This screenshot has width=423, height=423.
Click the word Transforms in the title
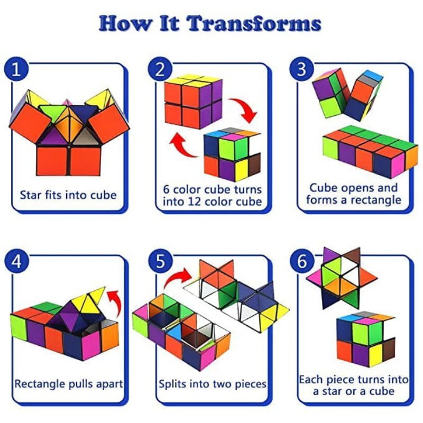[x=254, y=23]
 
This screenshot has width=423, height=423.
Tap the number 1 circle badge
[x=16, y=69]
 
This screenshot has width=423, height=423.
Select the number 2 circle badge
[x=160, y=69]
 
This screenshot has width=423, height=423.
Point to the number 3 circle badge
[x=301, y=69]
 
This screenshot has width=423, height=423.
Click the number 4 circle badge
[x=16, y=261]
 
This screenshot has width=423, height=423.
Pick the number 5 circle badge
[x=160, y=261]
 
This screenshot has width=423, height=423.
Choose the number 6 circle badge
[x=301, y=261]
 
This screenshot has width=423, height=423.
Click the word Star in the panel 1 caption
[x=30, y=195]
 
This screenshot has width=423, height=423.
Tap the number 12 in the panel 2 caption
[x=194, y=201]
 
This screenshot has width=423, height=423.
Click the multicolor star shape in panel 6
[x=342, y=278]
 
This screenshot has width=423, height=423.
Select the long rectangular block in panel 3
[x=370, y=151]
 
